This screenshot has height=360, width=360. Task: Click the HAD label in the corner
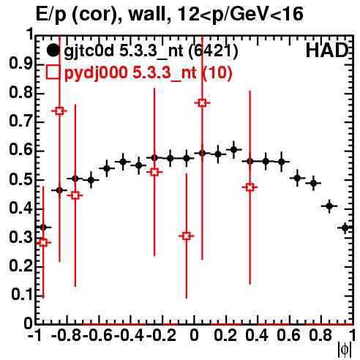tap(327, 50)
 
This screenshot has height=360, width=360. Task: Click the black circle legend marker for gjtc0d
tap(53, 50)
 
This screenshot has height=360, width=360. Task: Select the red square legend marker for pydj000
tap(53, 72)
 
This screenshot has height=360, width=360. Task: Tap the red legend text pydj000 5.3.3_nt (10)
tap(149, 73)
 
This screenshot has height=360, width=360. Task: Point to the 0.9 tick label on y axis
tap(20, 64)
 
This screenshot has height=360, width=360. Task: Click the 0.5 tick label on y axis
tap(20, 180)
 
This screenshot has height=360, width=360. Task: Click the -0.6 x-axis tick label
tap(97, 335)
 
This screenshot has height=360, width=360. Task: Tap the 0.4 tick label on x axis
tap(257, 335)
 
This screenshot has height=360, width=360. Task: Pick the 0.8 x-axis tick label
tap(320, 335)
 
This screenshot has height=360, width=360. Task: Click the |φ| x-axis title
tap(345, 350)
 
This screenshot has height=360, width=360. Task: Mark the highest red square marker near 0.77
tap(202, 103)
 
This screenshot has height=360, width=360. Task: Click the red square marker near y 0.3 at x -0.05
tap(187, 236)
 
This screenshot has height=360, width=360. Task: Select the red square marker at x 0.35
tap(250, 187)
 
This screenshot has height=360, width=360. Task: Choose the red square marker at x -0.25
tap(154, 172)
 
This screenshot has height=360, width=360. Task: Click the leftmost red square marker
tap(43, 242)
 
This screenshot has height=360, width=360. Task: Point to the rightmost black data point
tap(345, 228)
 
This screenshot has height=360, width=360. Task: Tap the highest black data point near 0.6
tap(234, 149)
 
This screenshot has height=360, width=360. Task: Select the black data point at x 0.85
tap(329, 206)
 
